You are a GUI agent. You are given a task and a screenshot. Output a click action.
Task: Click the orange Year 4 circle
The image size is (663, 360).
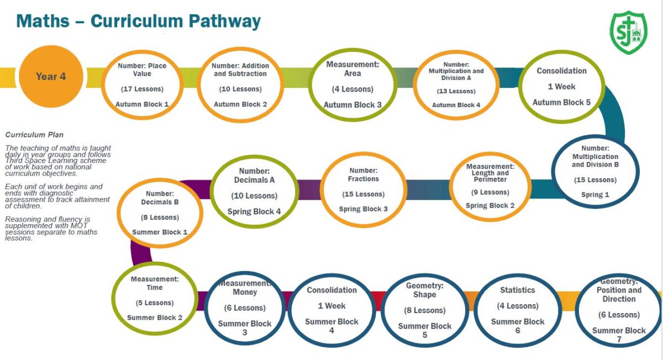click(51, 77)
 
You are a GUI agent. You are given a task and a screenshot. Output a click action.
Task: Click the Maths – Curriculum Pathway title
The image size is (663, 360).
click(138, 21)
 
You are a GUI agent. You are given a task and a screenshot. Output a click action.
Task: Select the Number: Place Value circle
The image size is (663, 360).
click(143, 84)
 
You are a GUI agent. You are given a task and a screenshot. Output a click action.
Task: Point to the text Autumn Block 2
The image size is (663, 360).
click(240, 104)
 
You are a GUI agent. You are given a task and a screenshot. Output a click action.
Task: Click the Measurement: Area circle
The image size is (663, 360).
click(352, 84)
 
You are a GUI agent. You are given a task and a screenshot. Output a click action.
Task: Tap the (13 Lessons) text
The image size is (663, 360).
click(456, 91)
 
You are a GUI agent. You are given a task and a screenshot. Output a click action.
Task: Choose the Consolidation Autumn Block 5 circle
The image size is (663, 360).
click(561, 87)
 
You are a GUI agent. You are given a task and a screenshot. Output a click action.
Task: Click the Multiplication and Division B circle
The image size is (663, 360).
click(595, 172)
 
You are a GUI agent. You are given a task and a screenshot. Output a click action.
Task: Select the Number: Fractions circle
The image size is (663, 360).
click(364, 189)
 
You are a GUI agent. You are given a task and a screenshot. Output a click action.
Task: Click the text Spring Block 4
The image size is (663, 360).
click(254, 211)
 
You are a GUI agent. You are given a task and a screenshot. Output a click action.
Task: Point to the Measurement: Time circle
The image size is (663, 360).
click(155, 298)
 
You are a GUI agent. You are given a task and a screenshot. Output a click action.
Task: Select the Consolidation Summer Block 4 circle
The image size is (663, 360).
click(331, 310)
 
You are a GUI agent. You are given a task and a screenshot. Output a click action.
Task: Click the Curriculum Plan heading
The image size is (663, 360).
click(34, 135)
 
